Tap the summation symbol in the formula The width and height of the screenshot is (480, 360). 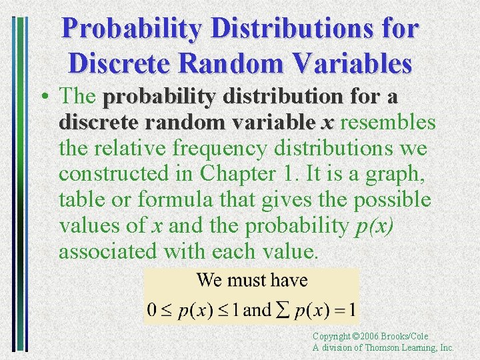coord(281,309)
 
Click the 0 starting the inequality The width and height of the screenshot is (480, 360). coord(152,310)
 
